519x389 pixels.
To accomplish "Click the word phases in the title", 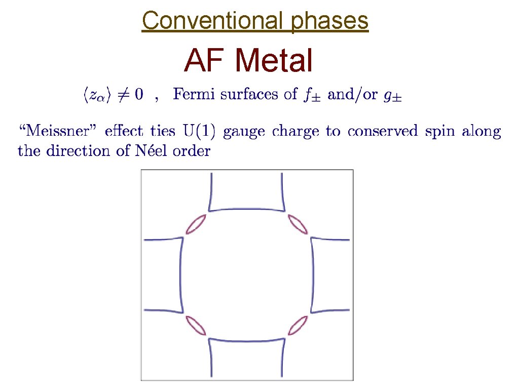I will pos(329,21).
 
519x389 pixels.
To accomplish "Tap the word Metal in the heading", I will pos(274,61).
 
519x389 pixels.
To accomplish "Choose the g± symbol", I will pos(392,95).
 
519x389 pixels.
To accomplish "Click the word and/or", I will pos(352,95).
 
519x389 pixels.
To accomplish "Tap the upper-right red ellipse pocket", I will pos(298,224).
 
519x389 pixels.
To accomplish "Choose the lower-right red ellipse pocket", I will pos(298,325).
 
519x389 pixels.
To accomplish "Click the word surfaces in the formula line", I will pos(241,94).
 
